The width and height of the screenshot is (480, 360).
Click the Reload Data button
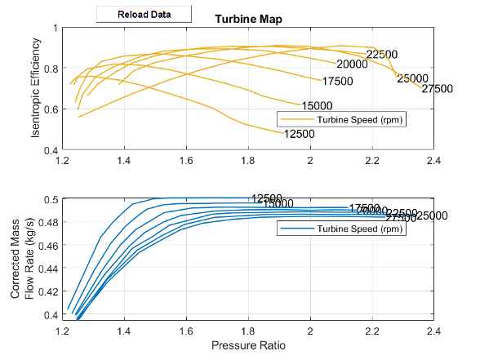[x=144, y=15]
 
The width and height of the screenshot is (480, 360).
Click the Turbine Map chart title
[x=248, y=19]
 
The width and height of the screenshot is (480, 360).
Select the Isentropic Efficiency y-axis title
[x=37, y=89]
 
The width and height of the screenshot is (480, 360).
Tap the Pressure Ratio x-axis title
[x=248, y=345]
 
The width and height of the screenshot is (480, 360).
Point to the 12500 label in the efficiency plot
[x=299, y=134]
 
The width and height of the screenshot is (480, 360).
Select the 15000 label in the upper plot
[x=316, y=106]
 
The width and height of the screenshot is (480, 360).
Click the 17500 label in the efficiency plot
[x=337, y=82]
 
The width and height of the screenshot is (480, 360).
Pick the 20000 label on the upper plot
[x=352, y=64]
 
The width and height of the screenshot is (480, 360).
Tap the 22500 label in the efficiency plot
[x=381, y=55]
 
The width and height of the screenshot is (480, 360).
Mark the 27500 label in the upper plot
[x=438, y=89]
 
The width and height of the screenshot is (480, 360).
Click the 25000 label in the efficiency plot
[x=412, y=78]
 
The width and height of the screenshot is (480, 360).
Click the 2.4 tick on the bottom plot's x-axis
[x=433, y=331]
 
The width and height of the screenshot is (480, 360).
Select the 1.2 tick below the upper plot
[x=62, y=162]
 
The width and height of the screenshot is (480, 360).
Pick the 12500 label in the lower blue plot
[x=267, y=198]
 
